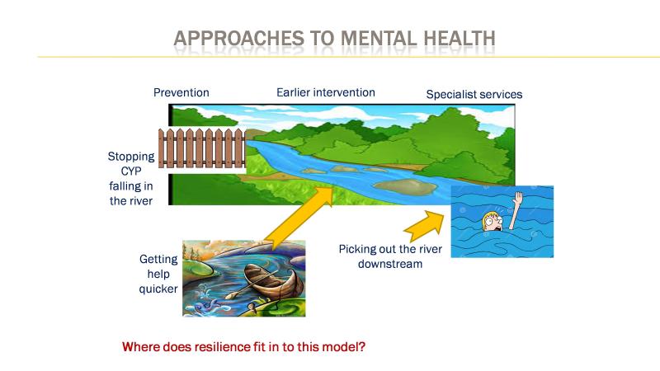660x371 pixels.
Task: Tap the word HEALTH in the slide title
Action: [460, 38]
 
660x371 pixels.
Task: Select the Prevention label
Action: [181, 92]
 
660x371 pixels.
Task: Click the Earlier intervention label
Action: [325, 92]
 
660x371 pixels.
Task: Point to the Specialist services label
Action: [474, 94]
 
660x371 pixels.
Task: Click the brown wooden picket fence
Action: [202, 148]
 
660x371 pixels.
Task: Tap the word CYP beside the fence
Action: [131, 171]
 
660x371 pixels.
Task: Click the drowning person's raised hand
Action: [518, 198]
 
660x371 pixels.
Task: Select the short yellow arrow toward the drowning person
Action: [425, 226]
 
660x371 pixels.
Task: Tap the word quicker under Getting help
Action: [158, 289]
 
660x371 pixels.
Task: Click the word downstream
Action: [390, 264]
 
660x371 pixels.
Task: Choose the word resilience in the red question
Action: [217, 347]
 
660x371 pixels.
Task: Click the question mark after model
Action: [362, 347]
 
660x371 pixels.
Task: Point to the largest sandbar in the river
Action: [406, 187]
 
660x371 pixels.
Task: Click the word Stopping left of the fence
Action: [131, 157]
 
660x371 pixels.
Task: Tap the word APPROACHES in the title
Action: [238, 38]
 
